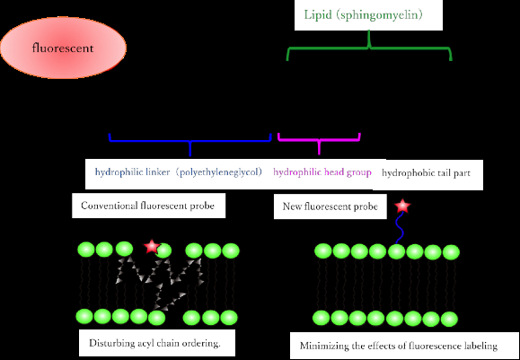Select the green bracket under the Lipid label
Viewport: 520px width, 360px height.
(368, 49)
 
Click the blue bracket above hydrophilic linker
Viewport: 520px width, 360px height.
(189, 140)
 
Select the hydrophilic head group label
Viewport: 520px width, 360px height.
(322, 171)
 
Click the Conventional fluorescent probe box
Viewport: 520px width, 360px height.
(148, 206)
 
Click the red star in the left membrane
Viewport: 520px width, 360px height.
(151, 246)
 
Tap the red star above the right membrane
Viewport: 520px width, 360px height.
(401, 207)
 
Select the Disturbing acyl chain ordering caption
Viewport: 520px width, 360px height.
(162, 343)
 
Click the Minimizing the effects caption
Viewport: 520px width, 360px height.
(404, 345)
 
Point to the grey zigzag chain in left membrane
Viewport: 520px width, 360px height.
(171, 278)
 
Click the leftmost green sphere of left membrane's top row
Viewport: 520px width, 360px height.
(84, 250)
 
